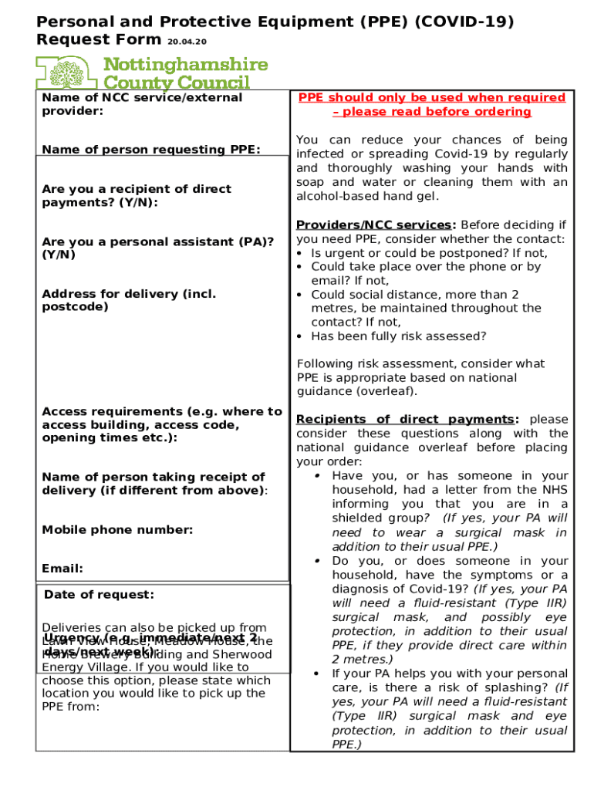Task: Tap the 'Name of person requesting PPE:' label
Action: click(151, 150)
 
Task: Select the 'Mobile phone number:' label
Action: click(117, 530)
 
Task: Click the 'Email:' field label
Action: click(62, 569)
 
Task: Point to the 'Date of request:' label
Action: click(99, 594)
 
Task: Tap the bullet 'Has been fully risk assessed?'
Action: click(398, 336)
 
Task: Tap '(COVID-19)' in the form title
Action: click(464, 22)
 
